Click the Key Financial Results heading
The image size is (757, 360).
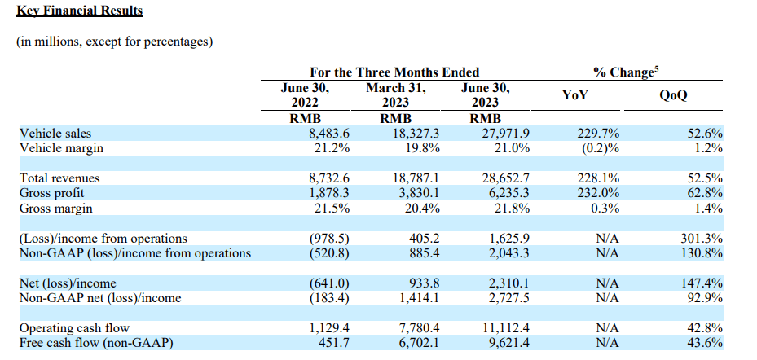coord(79,11)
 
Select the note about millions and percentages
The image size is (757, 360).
coord(115,42)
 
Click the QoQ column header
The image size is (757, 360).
coord(673,95)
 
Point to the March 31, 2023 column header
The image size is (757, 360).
coord(396,95)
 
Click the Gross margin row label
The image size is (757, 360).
coord(55,208)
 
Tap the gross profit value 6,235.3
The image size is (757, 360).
coord(508,193)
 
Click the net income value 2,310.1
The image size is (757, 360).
coord(508,283)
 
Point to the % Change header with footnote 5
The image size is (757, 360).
coord(625,72)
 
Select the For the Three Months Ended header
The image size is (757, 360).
coord(394,72)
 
